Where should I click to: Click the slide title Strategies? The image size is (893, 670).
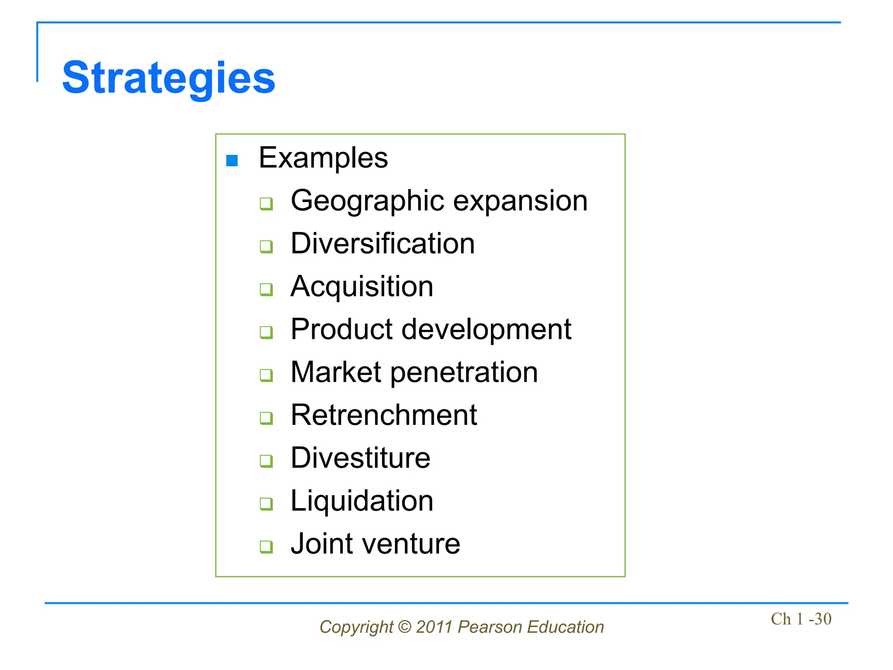pyautogui.click(x=169, y=79)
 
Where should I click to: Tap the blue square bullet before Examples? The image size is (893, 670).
pyautogui.click(x=232, y=161)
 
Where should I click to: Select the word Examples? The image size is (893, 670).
pyautogui.click(x=323, y=158)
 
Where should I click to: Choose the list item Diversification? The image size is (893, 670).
pyautogui.click(x=382, y=243)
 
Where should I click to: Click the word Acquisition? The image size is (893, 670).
pyautogui.click(x=362, y=287)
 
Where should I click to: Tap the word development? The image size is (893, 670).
pyautogui.click(x=486, y=329)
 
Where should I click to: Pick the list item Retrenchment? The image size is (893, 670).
pyautogui.click(x=384, y=415)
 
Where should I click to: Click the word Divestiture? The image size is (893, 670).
pyautogui.click(x=360, y=458)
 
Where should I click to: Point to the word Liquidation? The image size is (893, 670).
pyautogui.click(x=362, y=501)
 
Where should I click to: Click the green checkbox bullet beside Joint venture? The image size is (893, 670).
pyautogui.click(x=266, y=547)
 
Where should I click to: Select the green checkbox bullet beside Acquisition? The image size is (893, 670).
pyautogui.click(x=266, y=289)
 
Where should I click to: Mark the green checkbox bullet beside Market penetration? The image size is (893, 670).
pyautogui.click(x=266, y=375)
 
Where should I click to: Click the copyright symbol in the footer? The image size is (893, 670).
pyautogui.click(x=405, y=627)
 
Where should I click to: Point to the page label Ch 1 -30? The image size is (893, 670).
pyautogui.click(x=801, y=619)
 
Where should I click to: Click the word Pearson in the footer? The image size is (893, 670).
pyautogui.click(x=490, y=627)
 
